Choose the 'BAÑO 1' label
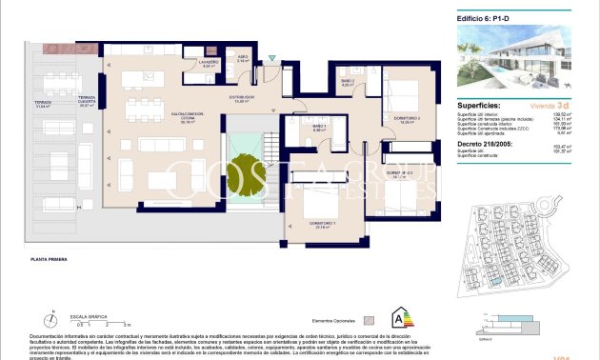(x=319, y=127)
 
